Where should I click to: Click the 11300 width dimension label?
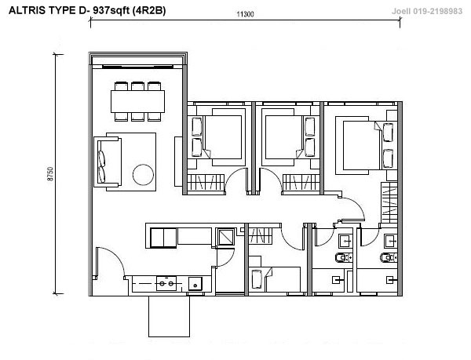[245, 14]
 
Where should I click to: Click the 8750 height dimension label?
[50, 173]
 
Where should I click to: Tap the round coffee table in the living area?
[144, 175]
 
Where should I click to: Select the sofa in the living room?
[108, 162]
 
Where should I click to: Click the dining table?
[137, 101]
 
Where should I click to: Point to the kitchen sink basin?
[195, 284]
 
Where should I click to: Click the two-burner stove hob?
[166, 283]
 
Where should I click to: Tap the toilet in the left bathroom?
[344, 257]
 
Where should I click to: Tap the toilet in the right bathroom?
[389, 257]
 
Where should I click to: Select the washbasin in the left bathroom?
[345, 241]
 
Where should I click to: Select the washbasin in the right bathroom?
[391, 241]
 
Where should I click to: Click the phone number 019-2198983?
[438, 12]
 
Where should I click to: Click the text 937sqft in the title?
[111, 10]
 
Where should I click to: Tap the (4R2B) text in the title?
[148, 10]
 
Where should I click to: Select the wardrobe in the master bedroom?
[389, 202]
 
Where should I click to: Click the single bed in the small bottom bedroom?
[275, 279]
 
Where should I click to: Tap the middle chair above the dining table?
[137, 86]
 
